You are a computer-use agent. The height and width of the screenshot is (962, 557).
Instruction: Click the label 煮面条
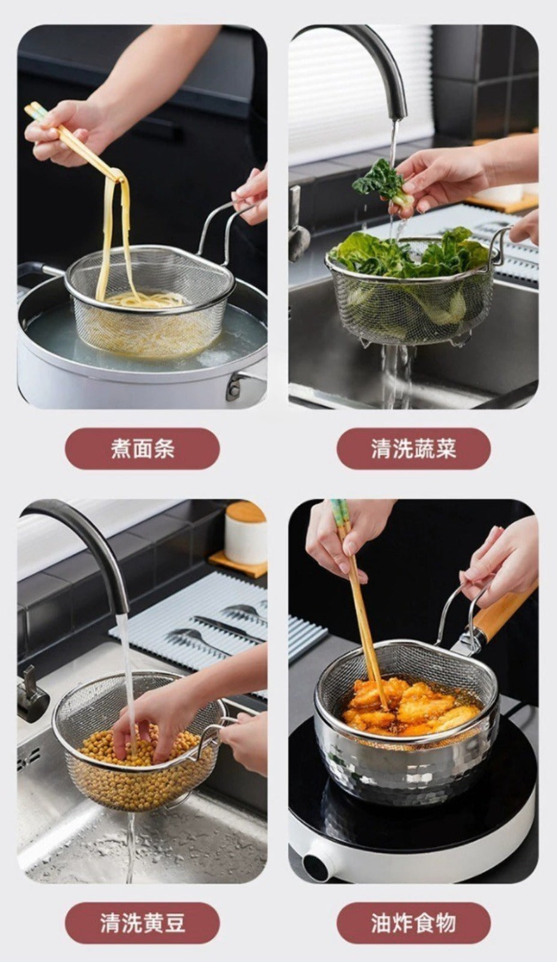point(143,449)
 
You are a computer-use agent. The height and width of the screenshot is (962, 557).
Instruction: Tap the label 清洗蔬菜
point(413,449)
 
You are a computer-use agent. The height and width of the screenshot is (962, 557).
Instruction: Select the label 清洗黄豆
point(143,922)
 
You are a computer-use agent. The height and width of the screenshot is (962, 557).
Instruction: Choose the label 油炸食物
point(413,922)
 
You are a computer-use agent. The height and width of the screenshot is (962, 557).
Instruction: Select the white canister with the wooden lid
point(245,533)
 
